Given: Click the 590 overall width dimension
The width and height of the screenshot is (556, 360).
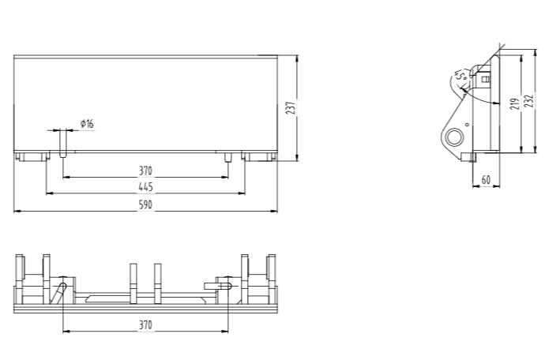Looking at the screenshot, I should click(x=145, y=204).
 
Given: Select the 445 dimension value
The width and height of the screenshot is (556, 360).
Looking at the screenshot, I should click(x=145, y=187).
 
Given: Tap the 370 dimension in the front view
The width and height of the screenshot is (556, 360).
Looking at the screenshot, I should click(x=145, y=171).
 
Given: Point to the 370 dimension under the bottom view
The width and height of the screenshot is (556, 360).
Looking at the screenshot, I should click(x=145, y=324).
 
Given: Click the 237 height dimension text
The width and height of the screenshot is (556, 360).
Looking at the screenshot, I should click(x=291, y=107).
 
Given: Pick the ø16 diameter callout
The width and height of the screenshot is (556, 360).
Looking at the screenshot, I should click(x=86, y=124).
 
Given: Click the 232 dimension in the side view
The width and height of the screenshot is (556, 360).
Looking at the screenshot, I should click(x=530, y=102).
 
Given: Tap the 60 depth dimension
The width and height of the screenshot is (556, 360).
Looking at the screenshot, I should click(x=485, y=180).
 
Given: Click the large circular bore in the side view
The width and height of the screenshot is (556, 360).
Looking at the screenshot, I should click(x=454, y=138).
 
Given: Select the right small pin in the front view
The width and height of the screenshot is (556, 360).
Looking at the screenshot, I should click(x=227, y=156).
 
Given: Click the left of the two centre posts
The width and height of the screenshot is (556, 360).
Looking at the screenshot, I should click(x=133, y=283).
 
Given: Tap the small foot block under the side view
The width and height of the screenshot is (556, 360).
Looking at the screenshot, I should click(x=474, y=157).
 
